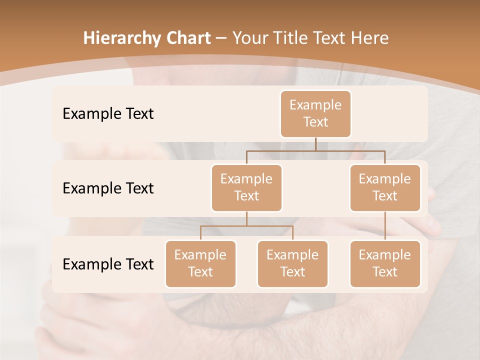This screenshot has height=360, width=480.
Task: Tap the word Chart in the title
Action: coord(189,38)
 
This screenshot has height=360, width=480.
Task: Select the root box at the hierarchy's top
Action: coord(315,114)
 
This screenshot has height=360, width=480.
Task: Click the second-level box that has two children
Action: coord(246,188)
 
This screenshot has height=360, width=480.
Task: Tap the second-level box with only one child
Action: coord(385,188)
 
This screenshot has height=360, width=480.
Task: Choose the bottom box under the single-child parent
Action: coord(385,264)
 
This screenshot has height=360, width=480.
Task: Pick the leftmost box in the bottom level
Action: coord(200,264)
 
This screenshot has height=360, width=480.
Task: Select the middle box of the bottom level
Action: coord(292,264)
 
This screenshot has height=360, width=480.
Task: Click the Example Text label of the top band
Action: coord(108,114)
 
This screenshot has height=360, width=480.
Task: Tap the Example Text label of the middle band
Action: coord(108,188)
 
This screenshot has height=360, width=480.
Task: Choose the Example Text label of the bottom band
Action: coord(108,264)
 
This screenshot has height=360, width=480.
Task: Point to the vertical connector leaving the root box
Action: coord(315,144)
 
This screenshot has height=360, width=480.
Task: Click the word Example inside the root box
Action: coord(315,105)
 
